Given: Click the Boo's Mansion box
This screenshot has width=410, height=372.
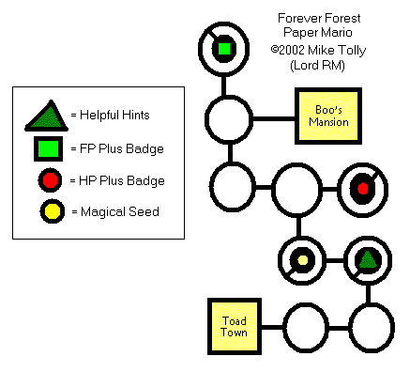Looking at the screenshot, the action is coord(328,116).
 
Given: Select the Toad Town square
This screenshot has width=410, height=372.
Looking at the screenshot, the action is coord(235,327).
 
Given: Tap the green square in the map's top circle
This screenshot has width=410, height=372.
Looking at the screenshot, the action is coord(224,49).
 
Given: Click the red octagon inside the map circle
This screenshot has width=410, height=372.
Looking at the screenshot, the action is coord(362,189).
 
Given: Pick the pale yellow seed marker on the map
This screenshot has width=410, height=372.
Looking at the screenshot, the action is coord(302,260).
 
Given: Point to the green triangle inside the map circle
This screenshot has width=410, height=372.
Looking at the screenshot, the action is coord(368,260).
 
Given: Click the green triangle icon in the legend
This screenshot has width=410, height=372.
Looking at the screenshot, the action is coord(47,116).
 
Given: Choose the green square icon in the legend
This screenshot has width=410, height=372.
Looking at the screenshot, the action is coord(48,148).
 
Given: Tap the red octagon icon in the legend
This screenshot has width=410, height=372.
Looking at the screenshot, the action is coord(50,180).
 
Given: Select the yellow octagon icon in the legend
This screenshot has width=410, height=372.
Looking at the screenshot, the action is coord(53,211).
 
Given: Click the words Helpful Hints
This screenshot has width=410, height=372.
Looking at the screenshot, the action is coord(114,116).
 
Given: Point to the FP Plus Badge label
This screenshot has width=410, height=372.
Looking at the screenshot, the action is coord(122,148).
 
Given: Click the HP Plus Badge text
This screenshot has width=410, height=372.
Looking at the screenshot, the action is coord(122,180).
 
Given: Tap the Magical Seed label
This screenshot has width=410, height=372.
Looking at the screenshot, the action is coord(120,211).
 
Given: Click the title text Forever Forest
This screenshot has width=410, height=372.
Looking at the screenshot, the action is coord(319,19).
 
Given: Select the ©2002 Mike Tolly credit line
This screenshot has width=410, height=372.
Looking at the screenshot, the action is coord(318,50).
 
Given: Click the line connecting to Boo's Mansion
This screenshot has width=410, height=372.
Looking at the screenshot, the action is coord(274,118).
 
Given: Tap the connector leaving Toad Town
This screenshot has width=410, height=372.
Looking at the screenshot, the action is coord(272,327).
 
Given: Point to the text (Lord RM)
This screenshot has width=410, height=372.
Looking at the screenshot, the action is coord(317,66).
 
